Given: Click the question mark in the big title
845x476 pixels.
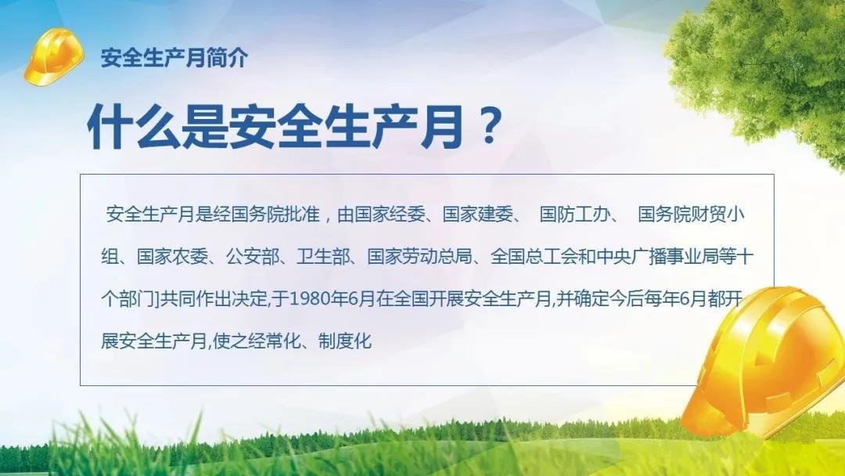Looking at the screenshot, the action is (x=489, y=126).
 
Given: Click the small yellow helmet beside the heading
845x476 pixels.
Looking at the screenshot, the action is (x=54, y=56).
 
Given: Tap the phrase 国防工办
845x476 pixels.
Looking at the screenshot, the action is (x=574, y=215).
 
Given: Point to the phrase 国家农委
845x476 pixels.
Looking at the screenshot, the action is (x=172, y=257).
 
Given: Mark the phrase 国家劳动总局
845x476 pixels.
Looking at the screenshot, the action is (x=420, y=257).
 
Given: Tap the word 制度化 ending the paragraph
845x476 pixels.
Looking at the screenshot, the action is (x=345, y=341).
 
